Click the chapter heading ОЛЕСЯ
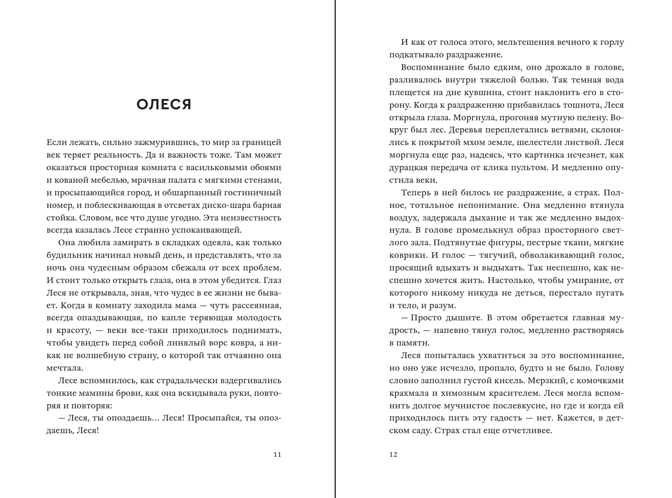[x=164, y=104]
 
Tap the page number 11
[x=277, y=454]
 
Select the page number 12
[x=393, y=454]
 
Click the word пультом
[x=532, y=167]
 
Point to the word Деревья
[x=465, y=130]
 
